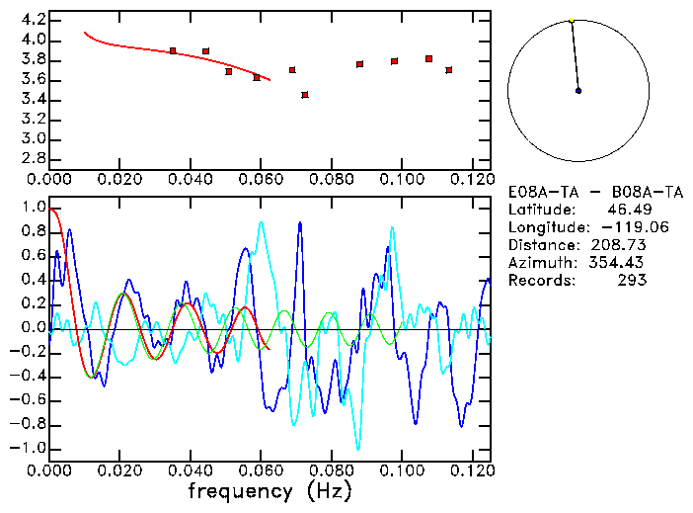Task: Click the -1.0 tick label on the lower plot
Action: point(30,448)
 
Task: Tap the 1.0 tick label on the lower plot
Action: point(34,209)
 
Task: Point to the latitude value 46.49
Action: point(623,210)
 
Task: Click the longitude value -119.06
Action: point(615,227)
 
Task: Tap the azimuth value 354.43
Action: point(619,262)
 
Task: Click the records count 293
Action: point(632,280)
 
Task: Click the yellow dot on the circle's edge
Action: point(572,20)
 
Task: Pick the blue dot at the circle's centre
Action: point(578,91)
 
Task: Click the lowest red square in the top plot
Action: point(305,95)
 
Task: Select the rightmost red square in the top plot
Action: point(449,70)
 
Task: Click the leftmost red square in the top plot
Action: point(173,50)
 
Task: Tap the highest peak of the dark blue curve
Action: point(300,223)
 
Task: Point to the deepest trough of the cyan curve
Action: point(358,448)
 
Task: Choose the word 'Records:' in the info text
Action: point(539,280)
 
